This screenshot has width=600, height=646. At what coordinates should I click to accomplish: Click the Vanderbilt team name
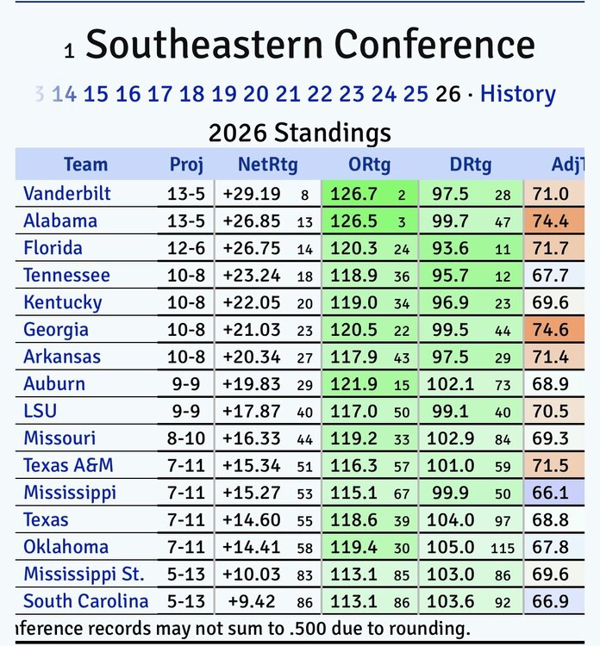[67, 194]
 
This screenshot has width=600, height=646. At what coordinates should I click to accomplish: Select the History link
[517, 94]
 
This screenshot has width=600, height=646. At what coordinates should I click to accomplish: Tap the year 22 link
[320, 94]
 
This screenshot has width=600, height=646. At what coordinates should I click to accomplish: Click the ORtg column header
[369, 165]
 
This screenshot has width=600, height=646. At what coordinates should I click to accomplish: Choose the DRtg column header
[471, 165]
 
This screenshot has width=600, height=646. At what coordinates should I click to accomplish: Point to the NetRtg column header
[267, 165]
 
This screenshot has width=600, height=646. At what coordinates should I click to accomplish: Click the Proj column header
[186, 165]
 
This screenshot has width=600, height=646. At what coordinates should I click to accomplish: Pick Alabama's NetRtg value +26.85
[251, 221]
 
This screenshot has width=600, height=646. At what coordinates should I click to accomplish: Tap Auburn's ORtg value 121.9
[360, 384]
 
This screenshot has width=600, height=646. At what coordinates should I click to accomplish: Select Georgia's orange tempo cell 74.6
[551, 330]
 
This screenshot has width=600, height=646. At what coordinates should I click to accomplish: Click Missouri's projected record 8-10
[186, 438]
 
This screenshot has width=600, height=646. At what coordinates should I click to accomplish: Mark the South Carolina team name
[86, 601]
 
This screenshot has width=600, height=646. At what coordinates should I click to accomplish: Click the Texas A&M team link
[69, 466]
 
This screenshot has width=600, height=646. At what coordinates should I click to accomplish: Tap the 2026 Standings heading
[300, 134]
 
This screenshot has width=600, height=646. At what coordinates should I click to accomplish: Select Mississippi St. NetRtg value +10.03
[251, 575]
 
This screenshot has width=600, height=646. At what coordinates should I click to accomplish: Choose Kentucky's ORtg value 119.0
[360, 303]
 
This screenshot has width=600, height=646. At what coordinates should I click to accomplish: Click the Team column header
[85, 165]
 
